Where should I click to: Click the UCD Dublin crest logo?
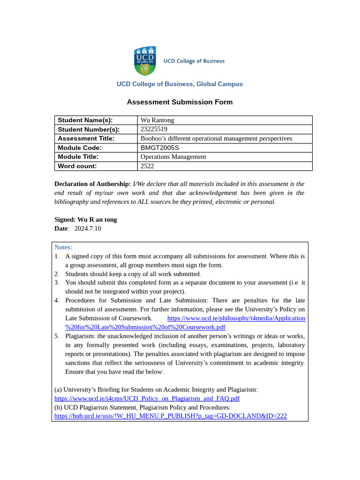point(145,61)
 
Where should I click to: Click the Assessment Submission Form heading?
point(180,102)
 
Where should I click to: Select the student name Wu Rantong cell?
point(157,120)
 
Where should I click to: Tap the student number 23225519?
point(154,129)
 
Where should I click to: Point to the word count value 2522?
point(147,166)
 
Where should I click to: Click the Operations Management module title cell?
point(173,157)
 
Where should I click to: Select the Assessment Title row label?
point(86,138)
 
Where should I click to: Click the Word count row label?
point(77,166)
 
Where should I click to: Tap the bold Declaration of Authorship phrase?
point(92,184)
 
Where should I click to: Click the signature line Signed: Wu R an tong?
point(86,219)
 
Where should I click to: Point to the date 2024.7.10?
point(87,228)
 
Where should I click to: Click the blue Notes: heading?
point(63,247)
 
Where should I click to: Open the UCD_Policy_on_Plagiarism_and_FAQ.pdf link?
point(147,398)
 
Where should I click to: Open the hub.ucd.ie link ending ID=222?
point(170,416)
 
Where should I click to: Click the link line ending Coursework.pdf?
point(145,327)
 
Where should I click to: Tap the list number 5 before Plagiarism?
point(57,336)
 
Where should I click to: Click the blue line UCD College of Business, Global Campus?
point(180,84)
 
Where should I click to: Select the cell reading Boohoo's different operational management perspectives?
point(216,138)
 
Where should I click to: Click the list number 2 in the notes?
point(57,274)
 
